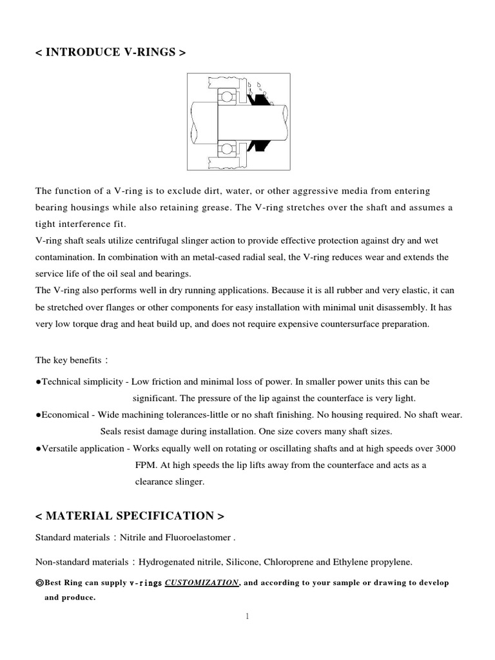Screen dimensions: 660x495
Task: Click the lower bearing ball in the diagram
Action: point(226,150)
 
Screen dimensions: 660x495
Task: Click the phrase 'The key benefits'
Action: point(64,360)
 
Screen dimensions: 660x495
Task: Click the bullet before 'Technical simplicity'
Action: point(39,382)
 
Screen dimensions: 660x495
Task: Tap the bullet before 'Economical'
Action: point(39,414)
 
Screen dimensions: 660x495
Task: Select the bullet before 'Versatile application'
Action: point(39,448)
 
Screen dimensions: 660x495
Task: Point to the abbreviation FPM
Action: point(144,464)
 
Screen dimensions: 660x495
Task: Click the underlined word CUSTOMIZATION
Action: point(202,583)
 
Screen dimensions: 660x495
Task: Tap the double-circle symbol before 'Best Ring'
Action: point(39,583)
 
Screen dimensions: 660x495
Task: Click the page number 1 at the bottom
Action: point(247,616)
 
